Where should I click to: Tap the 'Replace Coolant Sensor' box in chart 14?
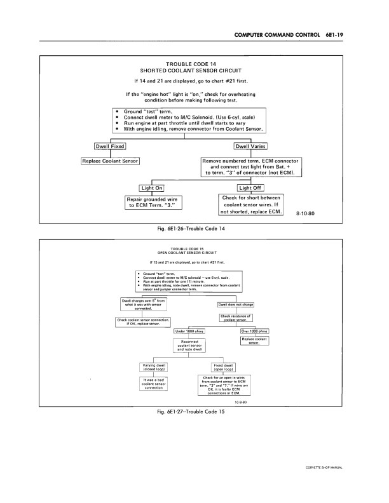pyautogui.click(x=111, y=161)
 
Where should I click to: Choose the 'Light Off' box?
pyautogui.click(x=251, y=187)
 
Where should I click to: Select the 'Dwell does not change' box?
pyautogui.click(x=236, y=304)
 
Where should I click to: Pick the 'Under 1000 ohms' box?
pyautogui.click(x=190, y=331)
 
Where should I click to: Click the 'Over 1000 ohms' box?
pyautogui.click(x=254, y=331)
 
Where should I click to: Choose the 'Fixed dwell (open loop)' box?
pyautogui.click(x=224, y=366)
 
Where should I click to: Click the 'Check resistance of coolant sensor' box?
pyautogui.click(x=236, y=318)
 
